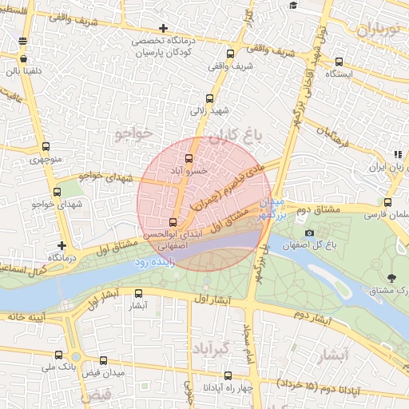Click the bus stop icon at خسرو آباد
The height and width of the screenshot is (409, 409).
click(x=189, y=159)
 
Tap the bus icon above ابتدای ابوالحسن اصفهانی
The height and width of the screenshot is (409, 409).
click(x=173, y=221)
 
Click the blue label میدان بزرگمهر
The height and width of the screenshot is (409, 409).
click(x=272, y=208)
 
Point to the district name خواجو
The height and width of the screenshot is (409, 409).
click(x=133, y=132)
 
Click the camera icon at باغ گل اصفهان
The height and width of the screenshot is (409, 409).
click(x=310, y=232)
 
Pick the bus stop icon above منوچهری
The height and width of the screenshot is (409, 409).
click(x=46, y=146)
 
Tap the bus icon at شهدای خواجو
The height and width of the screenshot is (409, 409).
click(x=57, y=192)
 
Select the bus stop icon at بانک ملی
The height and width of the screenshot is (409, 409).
click(x=59, y=355)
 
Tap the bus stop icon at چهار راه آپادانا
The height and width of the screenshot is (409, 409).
click(x=228, y=375)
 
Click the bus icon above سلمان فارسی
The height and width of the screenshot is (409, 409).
click(x=388, y=202)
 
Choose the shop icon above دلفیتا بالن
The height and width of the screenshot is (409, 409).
click(x=23, y=58)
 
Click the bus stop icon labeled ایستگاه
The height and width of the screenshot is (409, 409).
click(x=340, y=61)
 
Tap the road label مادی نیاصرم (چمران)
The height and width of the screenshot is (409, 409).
click(x=227, y=185)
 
